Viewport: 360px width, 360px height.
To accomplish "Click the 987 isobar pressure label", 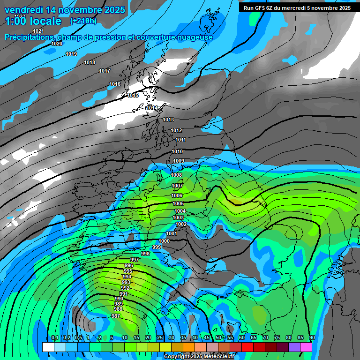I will (x=115, y=316).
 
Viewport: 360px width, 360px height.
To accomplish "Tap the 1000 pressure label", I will (x=164, y=241).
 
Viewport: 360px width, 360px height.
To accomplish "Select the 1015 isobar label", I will (x=133, y=95).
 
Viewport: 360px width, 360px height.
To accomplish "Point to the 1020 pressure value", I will (x=57, y=44).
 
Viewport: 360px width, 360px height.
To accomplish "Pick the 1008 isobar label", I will (x=176, y=175).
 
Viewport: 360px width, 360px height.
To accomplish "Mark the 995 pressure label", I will (x=128, y=271).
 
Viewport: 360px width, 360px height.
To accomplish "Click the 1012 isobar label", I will (x=176, y=130).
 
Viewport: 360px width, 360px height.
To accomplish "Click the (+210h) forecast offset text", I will (x=84, y=21).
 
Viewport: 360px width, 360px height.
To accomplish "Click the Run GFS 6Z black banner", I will (x=297, y=7).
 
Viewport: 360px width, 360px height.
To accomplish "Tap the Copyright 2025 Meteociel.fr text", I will (x=199, y=356).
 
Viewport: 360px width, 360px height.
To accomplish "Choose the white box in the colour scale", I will (x=48, y=347).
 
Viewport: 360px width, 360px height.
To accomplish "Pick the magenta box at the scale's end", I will (x=306, y=347).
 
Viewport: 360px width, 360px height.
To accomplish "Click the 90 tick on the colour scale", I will (x=312, y=337).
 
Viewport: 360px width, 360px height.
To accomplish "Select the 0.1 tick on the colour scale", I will (x=54, y=337).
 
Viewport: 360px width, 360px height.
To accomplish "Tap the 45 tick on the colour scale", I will (x=207, y=337).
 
